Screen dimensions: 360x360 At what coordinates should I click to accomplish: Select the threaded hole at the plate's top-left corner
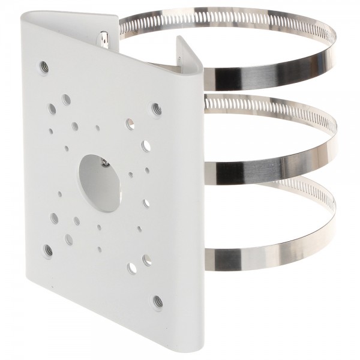point(44,66)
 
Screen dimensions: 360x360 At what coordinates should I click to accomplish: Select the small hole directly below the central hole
point(98,227)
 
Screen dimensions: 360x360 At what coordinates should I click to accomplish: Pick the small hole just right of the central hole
point(130,175)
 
